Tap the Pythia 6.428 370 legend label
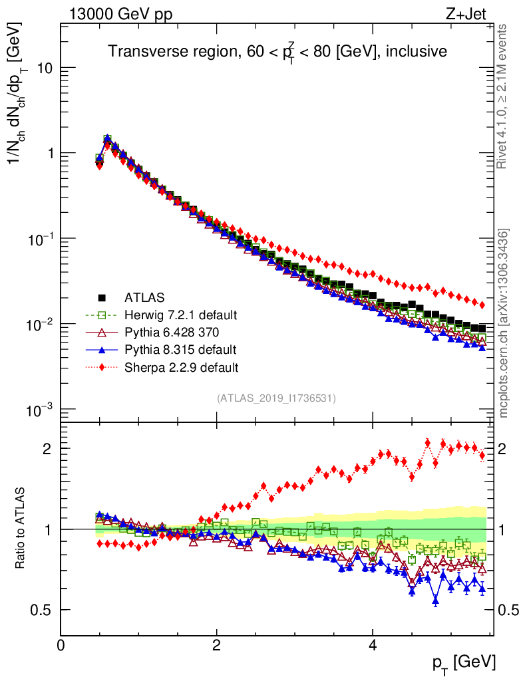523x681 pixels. (172, 332)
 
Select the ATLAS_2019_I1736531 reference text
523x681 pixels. (276, 398)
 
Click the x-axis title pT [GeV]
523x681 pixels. (463, 662)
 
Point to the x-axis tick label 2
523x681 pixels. (217, 646)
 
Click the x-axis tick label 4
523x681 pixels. (373, 646)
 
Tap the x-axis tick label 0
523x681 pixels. (61, 646)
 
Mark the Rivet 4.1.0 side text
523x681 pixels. (504, 96)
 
